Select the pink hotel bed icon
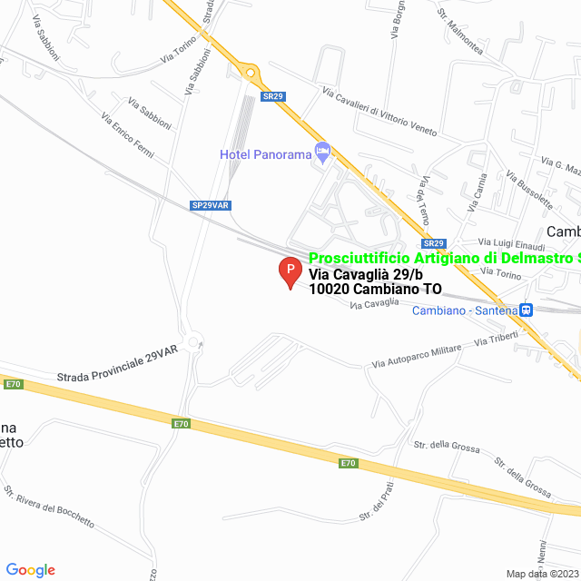point(321,152)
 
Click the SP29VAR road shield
point(211,206)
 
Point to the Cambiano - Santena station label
point(464,310)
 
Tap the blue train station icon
point(526,310)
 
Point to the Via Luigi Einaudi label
point(512,246)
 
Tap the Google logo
point(30,570)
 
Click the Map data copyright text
point(542,574)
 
